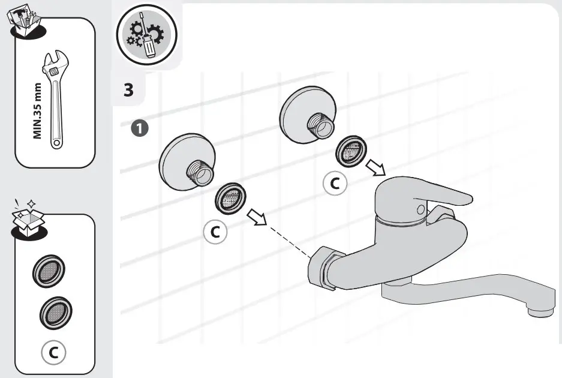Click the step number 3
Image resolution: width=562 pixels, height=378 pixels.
coord(128,90)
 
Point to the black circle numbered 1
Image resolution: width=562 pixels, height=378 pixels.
coord(139,128)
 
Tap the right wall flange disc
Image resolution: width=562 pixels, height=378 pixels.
coord(302,113)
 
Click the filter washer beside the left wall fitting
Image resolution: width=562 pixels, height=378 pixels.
coord(231,198)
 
